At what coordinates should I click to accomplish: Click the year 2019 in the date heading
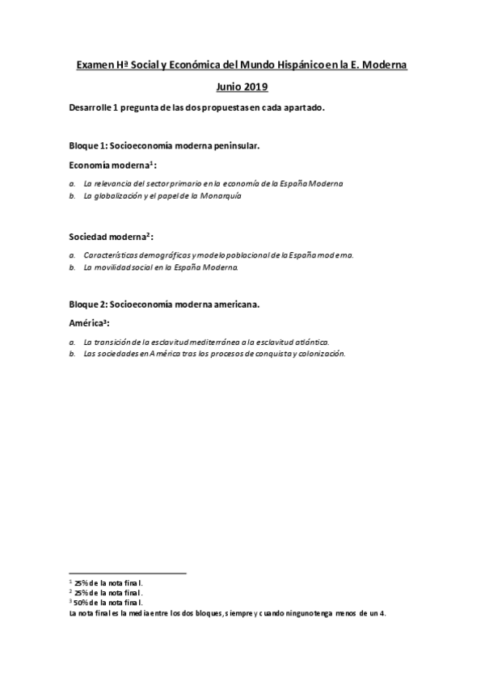tap(256, 86)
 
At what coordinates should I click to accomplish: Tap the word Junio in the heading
tap(230, 86)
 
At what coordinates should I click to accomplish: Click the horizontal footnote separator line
tap(128, 574)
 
